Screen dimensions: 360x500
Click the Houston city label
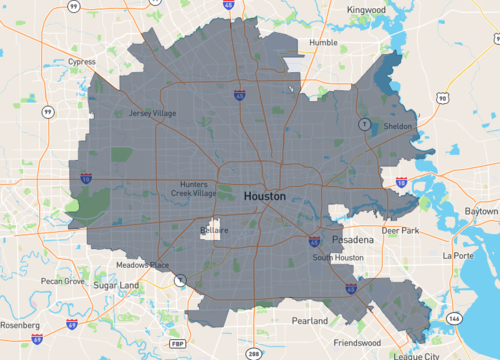coord(265,197)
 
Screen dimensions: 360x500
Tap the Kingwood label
coord(367,10)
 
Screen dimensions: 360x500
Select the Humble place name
coord(323,43)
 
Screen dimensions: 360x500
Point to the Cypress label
coord(82,61)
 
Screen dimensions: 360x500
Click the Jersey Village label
coord(152,113)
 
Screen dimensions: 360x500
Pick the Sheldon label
coord(397,127)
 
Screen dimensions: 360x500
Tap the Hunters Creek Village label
coord(192,189)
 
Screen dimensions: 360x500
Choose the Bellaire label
coord(214,230)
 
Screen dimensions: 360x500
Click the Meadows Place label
coord(142,265)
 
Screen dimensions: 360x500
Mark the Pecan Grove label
coord(61,282)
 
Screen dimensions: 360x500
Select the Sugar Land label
coord(116,285)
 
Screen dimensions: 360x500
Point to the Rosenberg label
coord(19,325)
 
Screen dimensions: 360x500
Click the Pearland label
coord(309,321)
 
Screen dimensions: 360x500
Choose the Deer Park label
coord(401,230)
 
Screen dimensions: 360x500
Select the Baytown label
coord(481,212)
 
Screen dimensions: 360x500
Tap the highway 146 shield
coord(455,317)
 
